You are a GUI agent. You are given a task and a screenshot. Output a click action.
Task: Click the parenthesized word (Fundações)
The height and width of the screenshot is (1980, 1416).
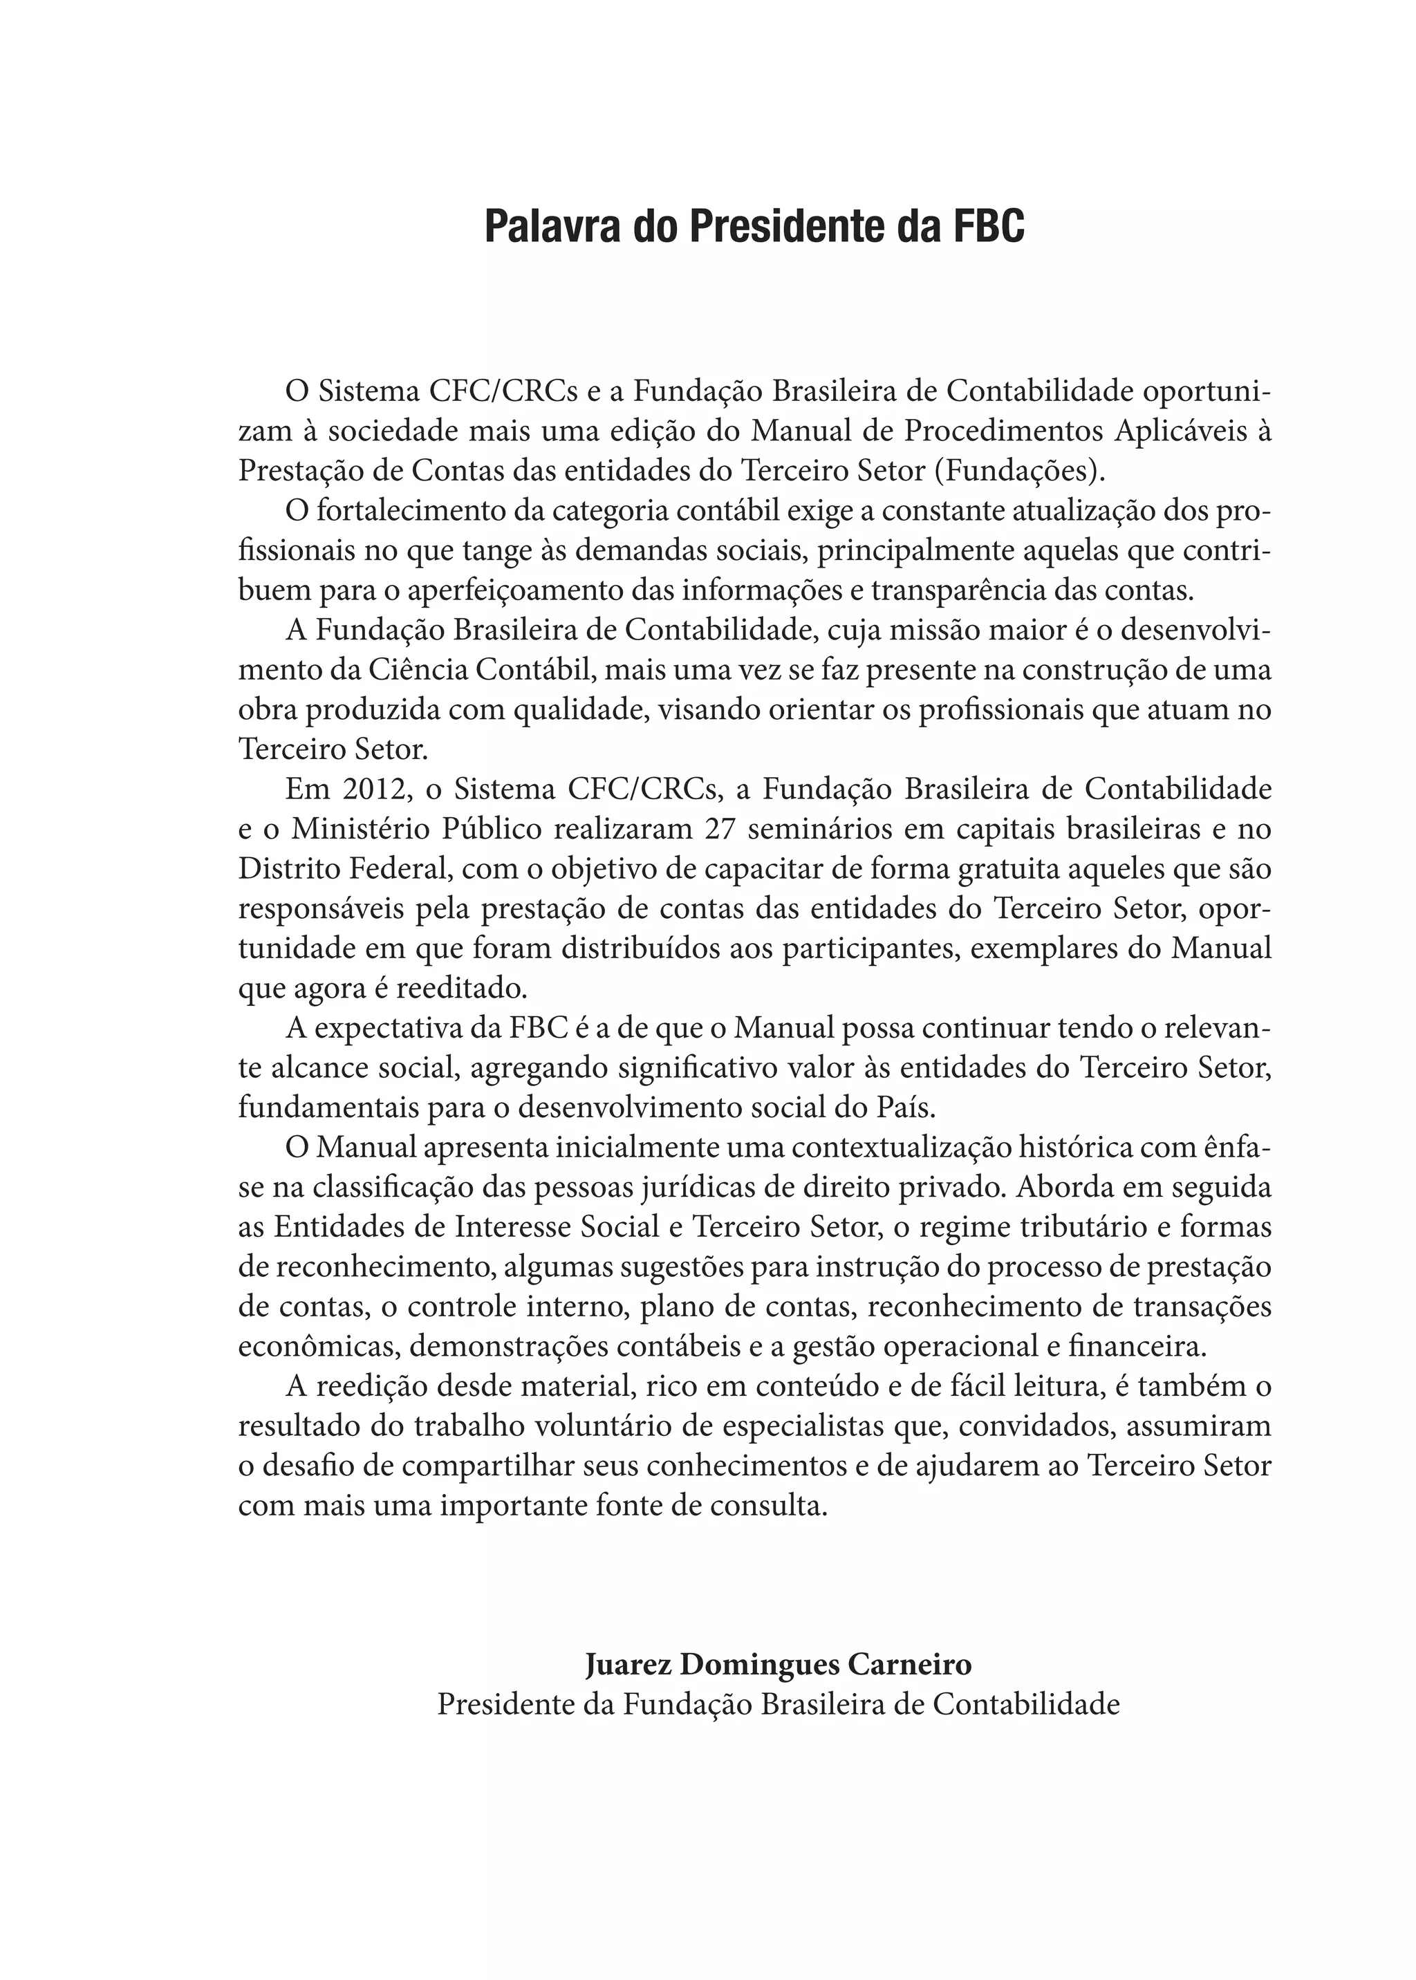click(1019, 471)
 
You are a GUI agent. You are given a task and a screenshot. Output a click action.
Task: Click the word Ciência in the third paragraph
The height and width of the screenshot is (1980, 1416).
click(420, 671)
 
